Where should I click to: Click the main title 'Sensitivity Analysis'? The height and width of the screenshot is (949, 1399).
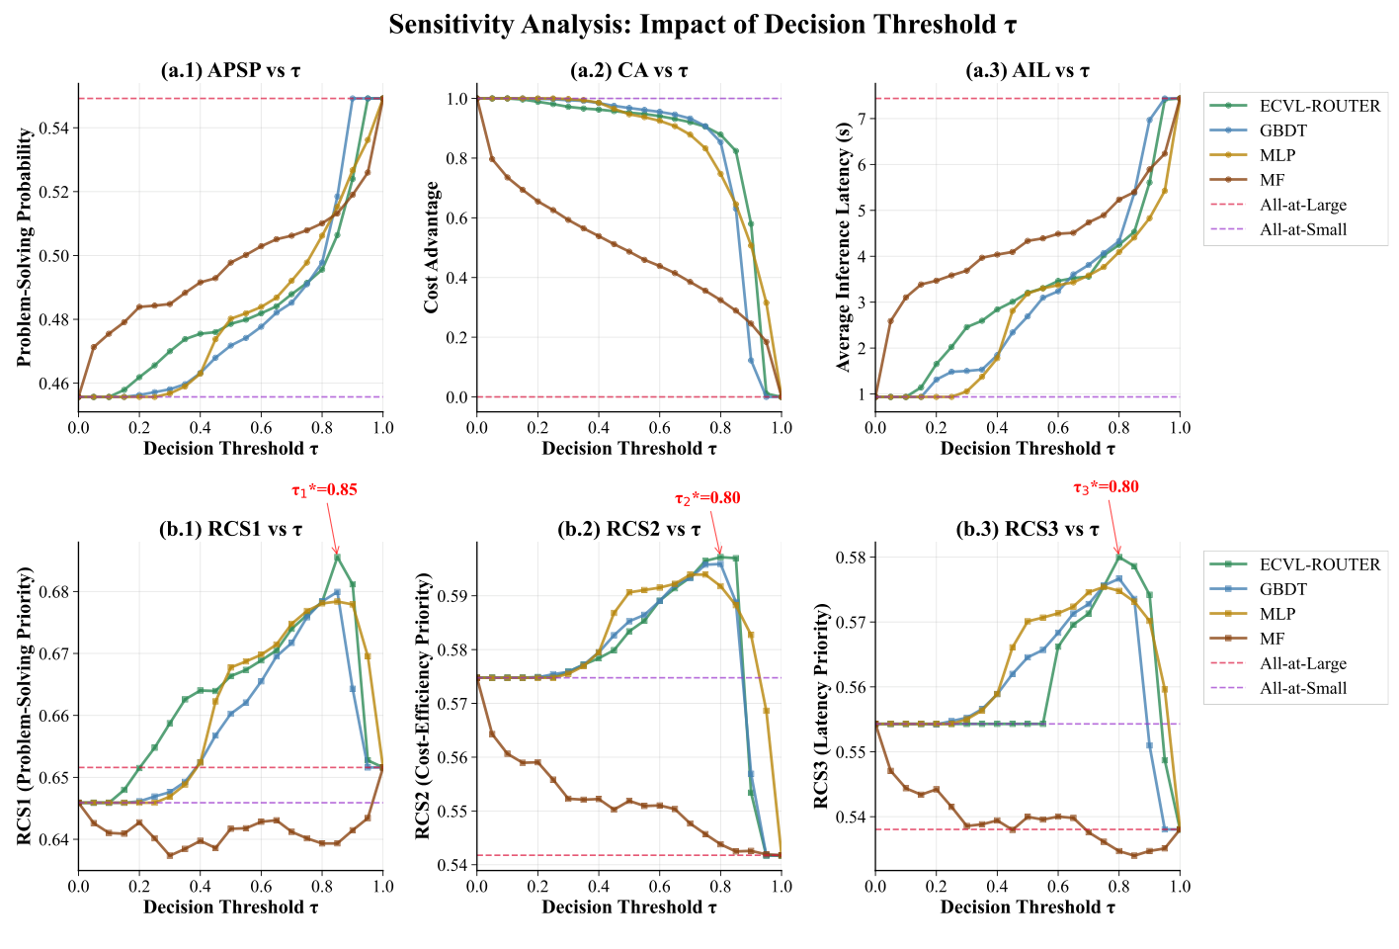701,25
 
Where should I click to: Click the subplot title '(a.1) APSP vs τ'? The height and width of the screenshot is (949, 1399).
230,70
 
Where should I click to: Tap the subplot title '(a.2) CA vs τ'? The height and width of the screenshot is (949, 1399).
629,70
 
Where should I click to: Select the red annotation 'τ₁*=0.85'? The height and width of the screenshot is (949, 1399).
324,488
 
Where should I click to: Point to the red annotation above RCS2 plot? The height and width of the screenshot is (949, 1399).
707,498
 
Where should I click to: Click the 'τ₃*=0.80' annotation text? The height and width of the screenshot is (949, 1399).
1106,486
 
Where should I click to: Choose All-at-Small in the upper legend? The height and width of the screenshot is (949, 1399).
1303,229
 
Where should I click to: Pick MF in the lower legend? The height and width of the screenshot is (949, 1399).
1272,639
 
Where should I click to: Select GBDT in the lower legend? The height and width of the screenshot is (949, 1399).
1282,589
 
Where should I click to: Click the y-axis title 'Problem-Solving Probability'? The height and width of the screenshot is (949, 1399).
26,247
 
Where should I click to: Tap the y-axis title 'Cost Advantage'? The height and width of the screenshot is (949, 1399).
432,247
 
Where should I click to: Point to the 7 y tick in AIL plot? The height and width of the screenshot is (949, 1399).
863,119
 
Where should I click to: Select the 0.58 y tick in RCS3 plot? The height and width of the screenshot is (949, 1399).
853,558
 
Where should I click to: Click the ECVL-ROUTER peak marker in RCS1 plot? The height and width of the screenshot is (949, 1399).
337,558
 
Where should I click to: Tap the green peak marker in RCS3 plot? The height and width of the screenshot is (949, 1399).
1118,558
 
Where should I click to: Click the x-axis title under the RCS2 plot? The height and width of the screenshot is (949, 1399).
629,906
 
